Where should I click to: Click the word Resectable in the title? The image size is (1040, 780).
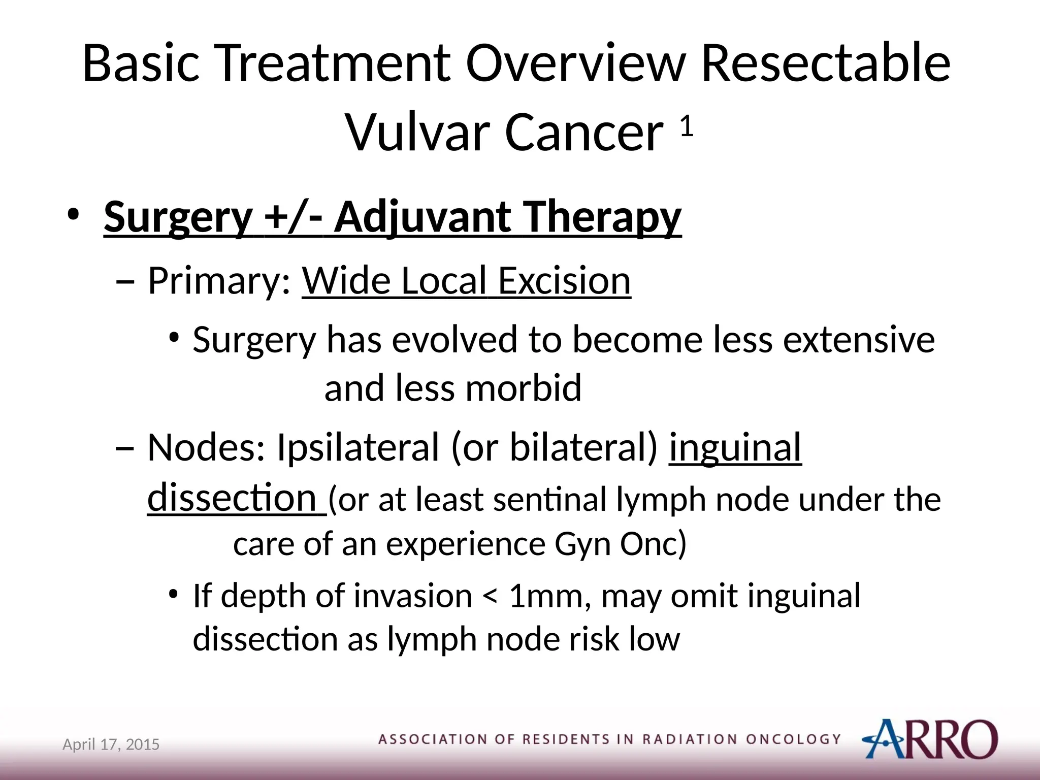point(825,63)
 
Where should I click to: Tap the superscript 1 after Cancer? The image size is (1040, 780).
point(687,126)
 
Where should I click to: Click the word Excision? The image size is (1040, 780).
point(564,281)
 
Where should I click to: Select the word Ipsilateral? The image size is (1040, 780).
point(357,447)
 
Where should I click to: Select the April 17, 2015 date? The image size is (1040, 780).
point(111,744)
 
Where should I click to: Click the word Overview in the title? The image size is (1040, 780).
point(576,63)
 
